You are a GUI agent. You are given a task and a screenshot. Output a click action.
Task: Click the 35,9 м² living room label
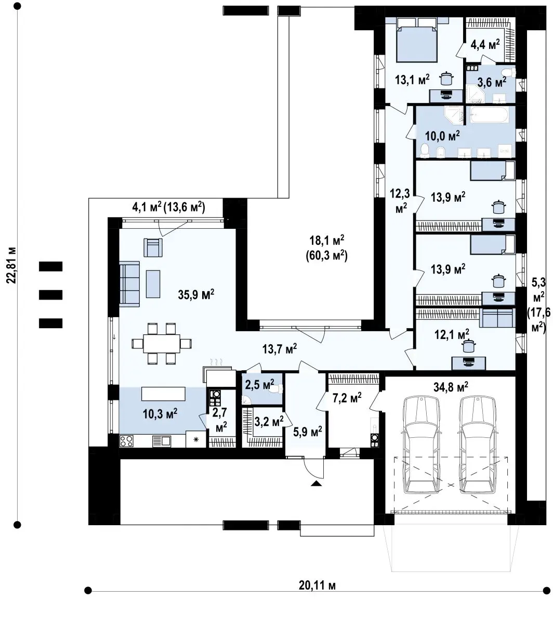tap(196, 295)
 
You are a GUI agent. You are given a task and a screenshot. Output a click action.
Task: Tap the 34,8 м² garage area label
tap(451, 387)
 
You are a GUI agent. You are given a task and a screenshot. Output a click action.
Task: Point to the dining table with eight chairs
tap(162, 343)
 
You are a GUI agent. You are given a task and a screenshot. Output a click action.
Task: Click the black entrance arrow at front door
tap(316, 484)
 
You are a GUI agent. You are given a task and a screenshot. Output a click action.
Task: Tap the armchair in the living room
tap(153, 248)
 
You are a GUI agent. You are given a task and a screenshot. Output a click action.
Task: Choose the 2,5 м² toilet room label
tap(259, 385)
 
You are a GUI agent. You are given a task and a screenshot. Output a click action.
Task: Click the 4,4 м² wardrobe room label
tap(485, 45)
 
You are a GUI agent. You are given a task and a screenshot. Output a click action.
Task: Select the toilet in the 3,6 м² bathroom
tap(508, 73)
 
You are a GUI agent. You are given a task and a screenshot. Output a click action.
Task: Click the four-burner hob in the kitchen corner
tap(126, 441)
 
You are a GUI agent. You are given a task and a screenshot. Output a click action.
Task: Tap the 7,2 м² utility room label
tap(347, 398)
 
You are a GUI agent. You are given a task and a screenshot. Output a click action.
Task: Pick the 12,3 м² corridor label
tap(400, 201)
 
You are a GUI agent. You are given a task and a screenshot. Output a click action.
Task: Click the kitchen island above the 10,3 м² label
tap(163, 394)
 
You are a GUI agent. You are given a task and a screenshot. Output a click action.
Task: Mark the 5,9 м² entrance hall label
tap(307, 432)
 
